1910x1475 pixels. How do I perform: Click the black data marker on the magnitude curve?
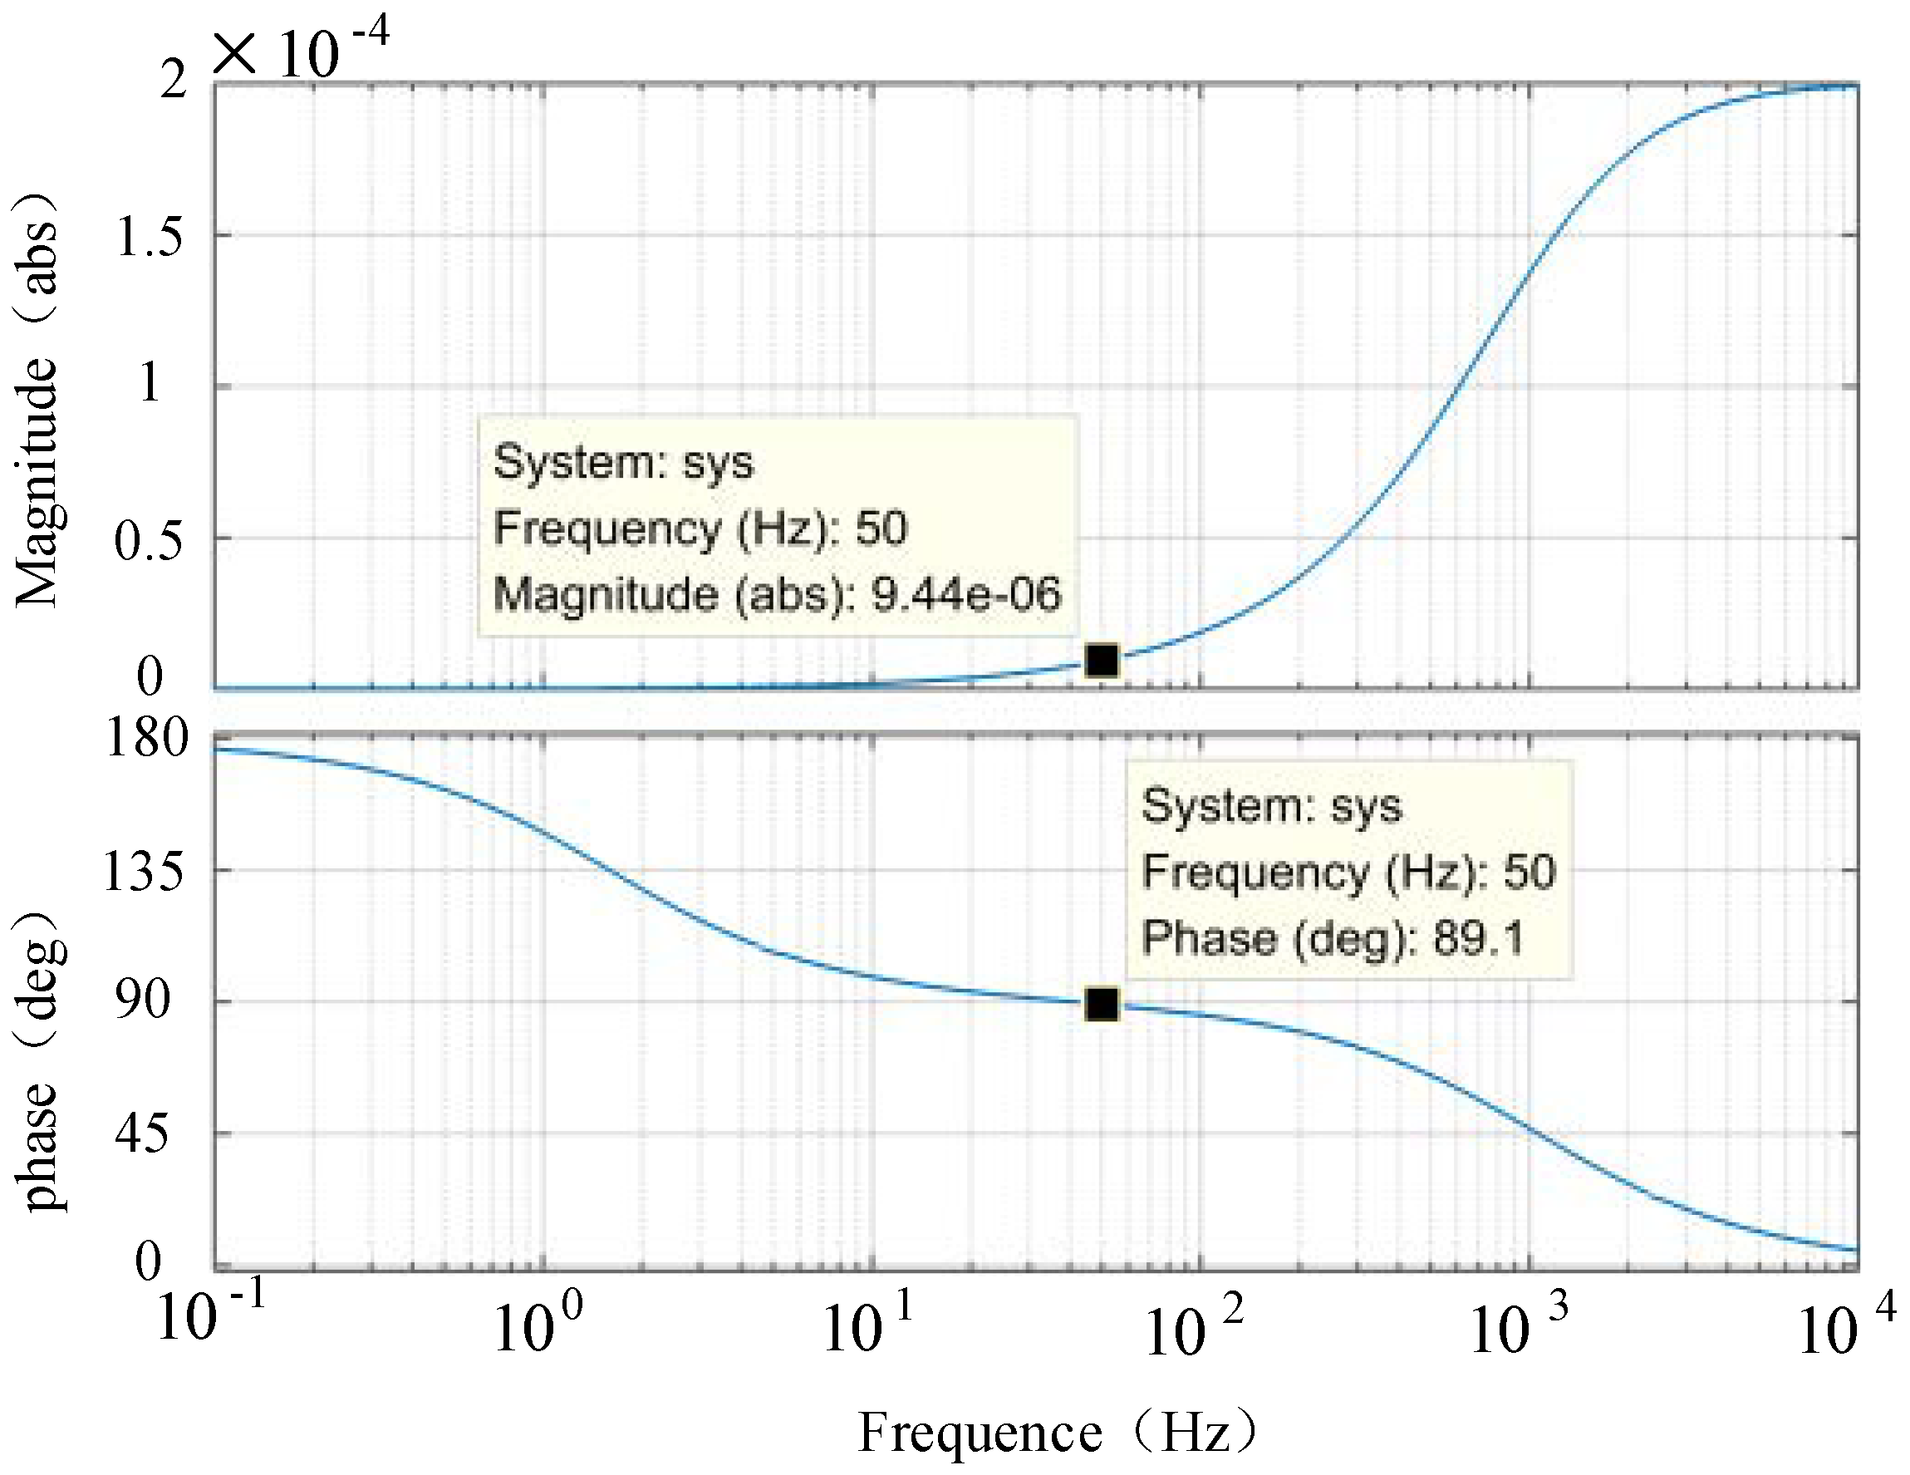[x=1102, y=661]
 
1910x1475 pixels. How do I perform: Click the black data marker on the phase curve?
[x=1102, y=1005]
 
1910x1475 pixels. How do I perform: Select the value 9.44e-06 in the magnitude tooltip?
[x=965, y=594]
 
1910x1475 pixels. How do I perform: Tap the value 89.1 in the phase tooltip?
[x=1478, y=938]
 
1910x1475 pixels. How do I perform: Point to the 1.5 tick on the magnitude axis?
[x=149, y=236]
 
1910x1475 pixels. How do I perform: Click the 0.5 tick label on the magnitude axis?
[x=149, y=541]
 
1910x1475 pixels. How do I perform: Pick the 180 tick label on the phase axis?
[x=147, y=738]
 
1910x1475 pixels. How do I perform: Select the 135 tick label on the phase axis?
[x=145, y=872]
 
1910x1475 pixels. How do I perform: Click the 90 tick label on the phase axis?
[x=143, y=1000]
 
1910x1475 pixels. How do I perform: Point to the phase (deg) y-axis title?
[x=39, y=1063]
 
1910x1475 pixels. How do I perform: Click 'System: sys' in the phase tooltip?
[x=1271, y=805]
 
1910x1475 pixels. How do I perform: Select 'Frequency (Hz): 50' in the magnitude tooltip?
[x=700, y=528]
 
